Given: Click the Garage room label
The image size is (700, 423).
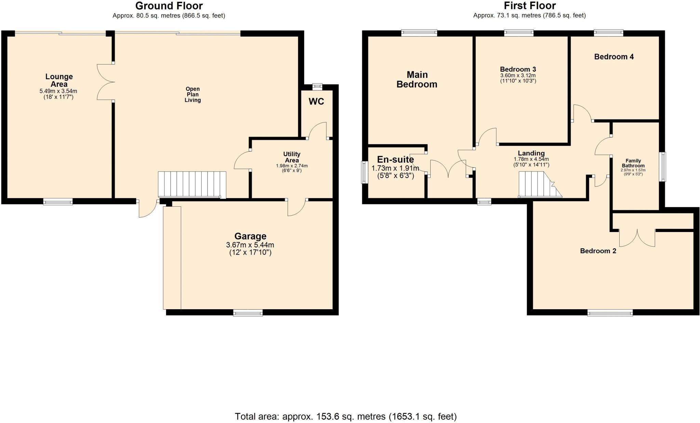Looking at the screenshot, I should (x=250, y=236).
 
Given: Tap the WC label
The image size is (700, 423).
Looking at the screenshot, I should (x=316, y=101).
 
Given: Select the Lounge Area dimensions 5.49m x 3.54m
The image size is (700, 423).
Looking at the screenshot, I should (x=58, y=91).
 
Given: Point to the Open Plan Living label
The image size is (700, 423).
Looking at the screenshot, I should (x=192, y=95).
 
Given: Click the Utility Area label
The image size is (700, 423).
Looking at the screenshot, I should (x=292, y=157).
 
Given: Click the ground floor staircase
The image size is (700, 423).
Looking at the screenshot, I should (x=192, y=184).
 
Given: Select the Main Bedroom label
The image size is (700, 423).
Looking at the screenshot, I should (x=417, y=80).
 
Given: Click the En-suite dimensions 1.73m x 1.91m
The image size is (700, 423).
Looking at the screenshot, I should (x=395, y=168).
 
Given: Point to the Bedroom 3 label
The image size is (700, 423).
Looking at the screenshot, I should (x=518, y=69).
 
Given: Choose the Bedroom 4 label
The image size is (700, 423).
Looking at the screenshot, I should (x=614, y=57).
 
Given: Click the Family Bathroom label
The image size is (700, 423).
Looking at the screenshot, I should (x=633, y=163).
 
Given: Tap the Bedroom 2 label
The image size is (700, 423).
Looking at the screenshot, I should (x=598, y=251).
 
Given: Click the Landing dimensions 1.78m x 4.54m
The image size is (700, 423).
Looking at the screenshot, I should (x=531, y=159).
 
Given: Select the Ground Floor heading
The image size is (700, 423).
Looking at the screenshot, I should (x=169, y=6).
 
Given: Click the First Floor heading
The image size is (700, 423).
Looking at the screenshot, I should (x=529, y=6).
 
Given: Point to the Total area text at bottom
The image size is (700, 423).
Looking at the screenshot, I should (x=346, y=417).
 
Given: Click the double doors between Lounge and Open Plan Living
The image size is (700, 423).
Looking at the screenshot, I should (x=106, y=82).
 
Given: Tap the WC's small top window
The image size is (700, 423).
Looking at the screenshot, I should (x=317, y=87).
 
